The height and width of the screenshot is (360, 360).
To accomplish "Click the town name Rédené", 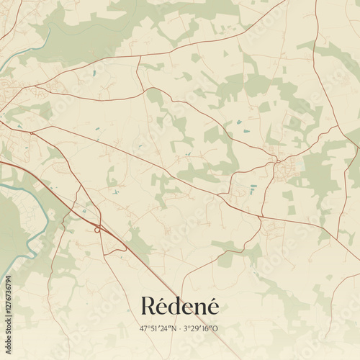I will point(179,307).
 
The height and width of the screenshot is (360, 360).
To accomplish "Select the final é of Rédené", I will point(212,307).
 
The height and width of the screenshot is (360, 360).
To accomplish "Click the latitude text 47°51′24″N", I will point(158,328).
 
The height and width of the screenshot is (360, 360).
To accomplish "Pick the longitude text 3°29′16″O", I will point(202,328).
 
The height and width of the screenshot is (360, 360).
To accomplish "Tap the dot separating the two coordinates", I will point(180,328).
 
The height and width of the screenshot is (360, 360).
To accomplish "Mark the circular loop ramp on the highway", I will point(97,230).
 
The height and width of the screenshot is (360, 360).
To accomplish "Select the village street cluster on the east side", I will point(286,169).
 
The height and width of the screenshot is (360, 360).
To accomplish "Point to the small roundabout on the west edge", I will point(31,133).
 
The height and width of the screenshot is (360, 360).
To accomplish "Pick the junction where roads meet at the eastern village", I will point(276,162).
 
